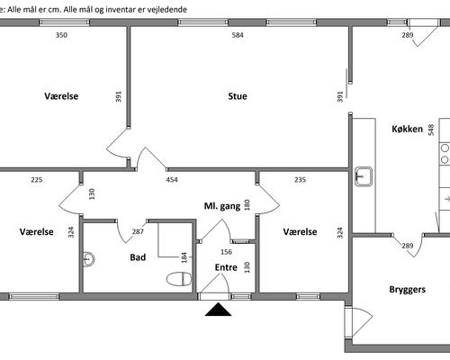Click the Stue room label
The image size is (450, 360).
point(238,96)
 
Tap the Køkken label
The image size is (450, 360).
point(407,129)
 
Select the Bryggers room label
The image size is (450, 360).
point(407,290)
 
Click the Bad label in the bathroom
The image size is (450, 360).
point(138,257)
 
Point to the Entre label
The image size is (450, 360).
point(226,267)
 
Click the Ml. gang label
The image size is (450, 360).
point(222,206)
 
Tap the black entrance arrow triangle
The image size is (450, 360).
point(218,310)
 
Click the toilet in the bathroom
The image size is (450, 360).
point(179,279)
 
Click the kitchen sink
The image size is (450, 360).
point(364,176)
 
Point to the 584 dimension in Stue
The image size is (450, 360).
point(238,35)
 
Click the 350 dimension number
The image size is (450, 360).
point(61,35)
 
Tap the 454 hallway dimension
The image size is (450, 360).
point(172,180)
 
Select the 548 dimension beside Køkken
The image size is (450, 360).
point(431,130)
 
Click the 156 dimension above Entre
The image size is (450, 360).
point(226,252)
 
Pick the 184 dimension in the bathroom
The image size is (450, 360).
point(184,257)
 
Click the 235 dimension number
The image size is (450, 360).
point(300,180)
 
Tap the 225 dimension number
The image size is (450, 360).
point(37,180)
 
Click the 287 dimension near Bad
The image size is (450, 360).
point(138,231)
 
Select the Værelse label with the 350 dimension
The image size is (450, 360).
point(61,96)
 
